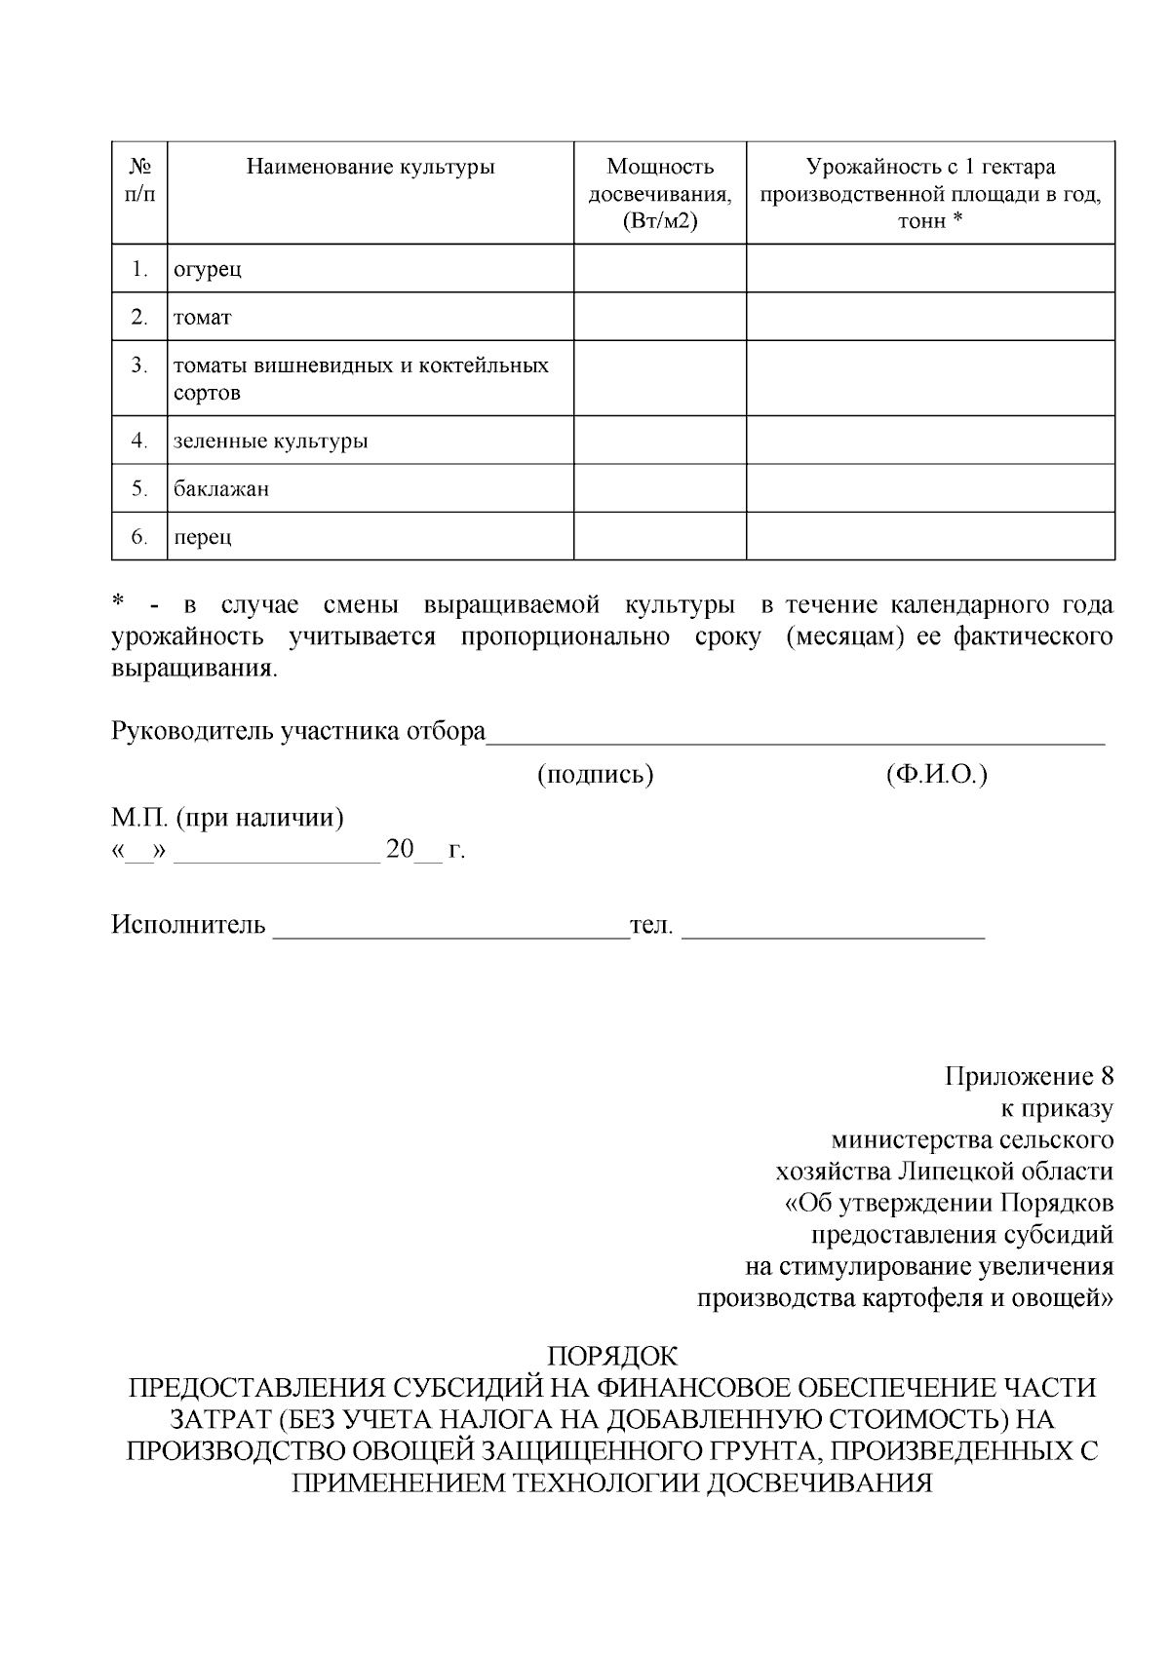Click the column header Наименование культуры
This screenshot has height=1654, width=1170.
tap(370, 168)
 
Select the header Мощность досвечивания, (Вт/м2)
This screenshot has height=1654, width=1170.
tap(660, 194)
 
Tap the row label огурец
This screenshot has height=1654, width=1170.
tap(207, 269)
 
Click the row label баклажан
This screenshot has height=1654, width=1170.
tap(221, 489)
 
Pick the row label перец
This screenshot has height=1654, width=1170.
tap(203, 537)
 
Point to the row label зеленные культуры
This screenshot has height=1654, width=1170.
tap(270, 442)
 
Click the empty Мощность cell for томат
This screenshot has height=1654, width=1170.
tap(660, 317)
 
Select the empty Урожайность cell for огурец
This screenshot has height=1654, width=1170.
tap(930, 269)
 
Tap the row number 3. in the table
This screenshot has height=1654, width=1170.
tap(139, 365)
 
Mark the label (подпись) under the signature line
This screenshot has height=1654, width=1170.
tap(595, 775)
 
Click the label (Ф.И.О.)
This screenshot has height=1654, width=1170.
tap(936, 775)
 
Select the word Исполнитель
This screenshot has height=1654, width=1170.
tap(188, 925)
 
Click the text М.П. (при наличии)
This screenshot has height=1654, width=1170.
tap(227, 817)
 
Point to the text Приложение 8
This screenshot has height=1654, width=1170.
tap(1029, 1077)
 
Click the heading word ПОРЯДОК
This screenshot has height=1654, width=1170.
tap(612, 1357)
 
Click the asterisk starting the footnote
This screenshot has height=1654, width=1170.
tap(118, 603)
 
